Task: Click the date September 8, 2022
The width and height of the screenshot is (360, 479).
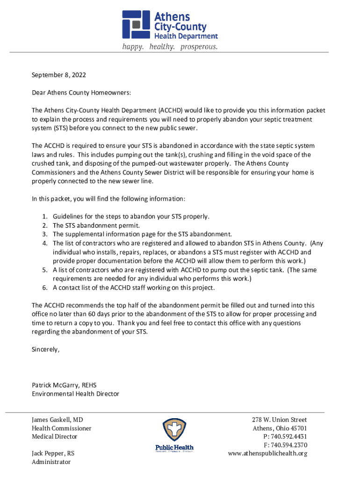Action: pos(59,75)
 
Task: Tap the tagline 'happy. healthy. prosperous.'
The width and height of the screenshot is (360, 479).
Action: pos(170,47)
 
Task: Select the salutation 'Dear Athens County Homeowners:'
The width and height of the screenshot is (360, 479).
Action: pos(81,93)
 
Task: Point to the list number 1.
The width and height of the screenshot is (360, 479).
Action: pos(45,217)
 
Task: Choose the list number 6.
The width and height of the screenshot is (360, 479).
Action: pos(45,287)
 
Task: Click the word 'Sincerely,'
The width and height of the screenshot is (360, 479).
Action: pos(46,349)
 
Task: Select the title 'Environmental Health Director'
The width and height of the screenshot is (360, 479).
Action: pos(75,394)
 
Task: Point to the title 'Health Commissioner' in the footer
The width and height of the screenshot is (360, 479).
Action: pos(61,428)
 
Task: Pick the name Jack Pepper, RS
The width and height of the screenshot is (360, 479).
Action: pos(53,453)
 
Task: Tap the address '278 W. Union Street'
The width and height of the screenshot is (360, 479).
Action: pos(279,420)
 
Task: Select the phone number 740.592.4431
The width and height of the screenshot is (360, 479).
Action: pos(289,436)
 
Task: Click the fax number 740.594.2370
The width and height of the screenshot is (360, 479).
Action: pos(289,445)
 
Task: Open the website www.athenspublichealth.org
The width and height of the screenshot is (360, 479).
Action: pos(267,453)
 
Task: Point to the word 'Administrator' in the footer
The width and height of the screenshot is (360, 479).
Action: pos(51,462)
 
